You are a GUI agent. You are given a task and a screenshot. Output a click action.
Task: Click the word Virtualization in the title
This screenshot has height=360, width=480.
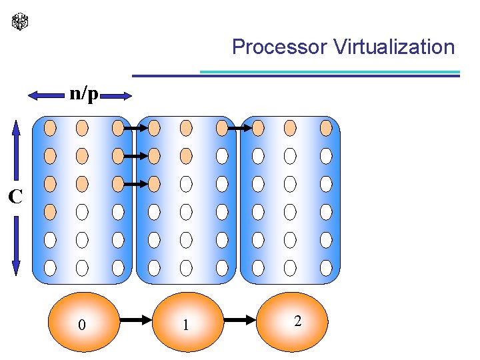point(394,47)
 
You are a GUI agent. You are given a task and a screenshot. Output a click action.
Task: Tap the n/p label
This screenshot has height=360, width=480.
point(84,94)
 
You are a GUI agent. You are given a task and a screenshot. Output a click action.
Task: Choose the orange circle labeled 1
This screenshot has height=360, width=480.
point(187,323)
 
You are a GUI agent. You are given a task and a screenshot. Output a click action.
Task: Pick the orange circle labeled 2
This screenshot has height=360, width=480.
point(295,321)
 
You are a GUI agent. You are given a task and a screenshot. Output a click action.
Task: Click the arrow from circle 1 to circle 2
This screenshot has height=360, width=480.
point(241,321)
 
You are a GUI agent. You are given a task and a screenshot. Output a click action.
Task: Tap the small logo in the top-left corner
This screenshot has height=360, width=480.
point(21,21)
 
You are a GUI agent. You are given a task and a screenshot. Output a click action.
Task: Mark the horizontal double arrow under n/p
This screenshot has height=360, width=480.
point(80,97)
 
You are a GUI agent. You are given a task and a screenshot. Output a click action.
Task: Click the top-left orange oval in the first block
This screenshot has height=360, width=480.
point(50,127)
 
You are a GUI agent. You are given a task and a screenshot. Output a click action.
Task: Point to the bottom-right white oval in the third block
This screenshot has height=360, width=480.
point(326,268)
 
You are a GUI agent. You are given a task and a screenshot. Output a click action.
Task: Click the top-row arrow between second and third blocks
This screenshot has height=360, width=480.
point(237,127)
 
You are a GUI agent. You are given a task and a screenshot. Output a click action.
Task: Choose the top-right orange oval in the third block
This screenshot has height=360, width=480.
point(326,127)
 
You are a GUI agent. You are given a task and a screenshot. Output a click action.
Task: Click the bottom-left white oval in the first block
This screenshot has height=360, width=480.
point(50,268)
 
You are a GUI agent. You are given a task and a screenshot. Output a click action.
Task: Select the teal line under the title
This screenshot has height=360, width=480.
point(330,72)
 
